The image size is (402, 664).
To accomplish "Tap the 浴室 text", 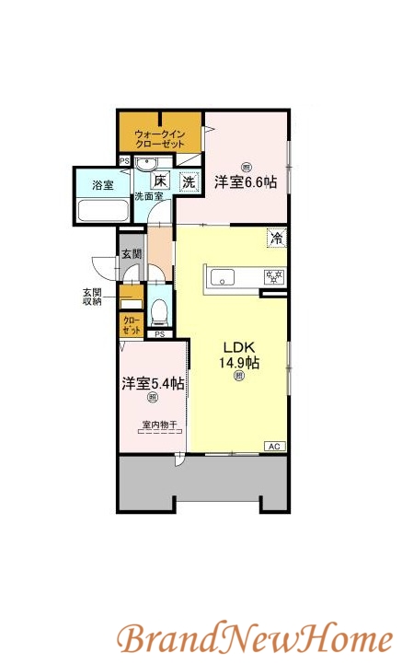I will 102,184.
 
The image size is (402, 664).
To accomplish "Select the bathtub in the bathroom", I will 101,211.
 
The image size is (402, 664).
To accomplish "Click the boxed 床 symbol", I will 160,181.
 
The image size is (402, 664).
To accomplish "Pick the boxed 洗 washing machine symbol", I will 188,181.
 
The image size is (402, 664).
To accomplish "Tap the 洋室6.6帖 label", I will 246,181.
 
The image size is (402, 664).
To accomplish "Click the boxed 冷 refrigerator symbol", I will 275,238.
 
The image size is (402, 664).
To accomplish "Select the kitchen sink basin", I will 224,276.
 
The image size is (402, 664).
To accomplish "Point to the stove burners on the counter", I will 274,276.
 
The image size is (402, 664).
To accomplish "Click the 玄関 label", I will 131,253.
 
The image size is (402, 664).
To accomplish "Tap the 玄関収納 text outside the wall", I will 92,297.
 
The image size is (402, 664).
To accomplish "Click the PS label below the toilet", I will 159,334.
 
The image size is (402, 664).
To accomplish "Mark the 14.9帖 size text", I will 238,362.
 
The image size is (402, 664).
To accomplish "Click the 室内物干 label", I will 159,425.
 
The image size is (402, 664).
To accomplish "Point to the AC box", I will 273,446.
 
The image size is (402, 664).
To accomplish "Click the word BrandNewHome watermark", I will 254,637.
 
